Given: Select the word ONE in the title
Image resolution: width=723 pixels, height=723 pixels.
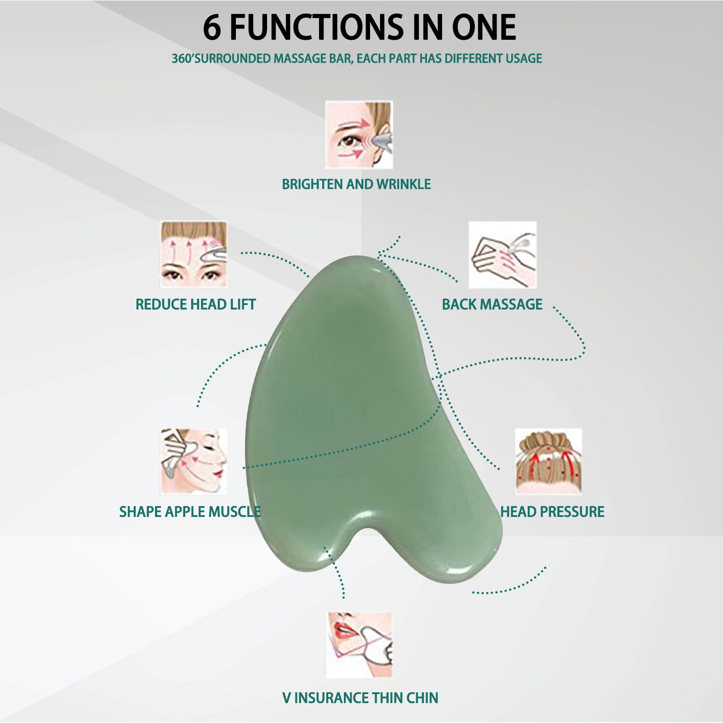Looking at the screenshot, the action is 482,28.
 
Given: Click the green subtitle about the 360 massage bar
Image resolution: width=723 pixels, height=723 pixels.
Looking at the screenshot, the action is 357,58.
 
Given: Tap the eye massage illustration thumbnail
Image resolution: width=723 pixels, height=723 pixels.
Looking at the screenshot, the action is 359,135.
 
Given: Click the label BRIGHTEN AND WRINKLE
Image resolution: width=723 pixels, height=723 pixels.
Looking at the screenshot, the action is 357,184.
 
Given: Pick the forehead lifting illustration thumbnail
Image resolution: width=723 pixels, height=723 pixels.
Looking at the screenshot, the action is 193,255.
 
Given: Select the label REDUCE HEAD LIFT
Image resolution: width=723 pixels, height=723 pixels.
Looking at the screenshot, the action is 196,304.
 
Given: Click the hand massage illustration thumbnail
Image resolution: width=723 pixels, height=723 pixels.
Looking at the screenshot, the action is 502,255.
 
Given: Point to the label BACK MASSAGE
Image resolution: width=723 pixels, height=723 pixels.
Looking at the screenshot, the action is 492,304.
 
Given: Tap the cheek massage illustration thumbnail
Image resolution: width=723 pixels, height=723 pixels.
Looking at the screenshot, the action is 193,462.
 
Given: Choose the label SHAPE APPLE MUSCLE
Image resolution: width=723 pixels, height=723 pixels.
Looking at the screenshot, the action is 190,512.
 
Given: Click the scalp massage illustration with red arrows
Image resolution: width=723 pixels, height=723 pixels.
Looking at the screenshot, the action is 549,462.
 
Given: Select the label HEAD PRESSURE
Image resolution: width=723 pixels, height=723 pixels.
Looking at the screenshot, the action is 552,512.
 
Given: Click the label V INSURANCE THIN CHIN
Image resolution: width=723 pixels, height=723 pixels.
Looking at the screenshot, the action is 360,698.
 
